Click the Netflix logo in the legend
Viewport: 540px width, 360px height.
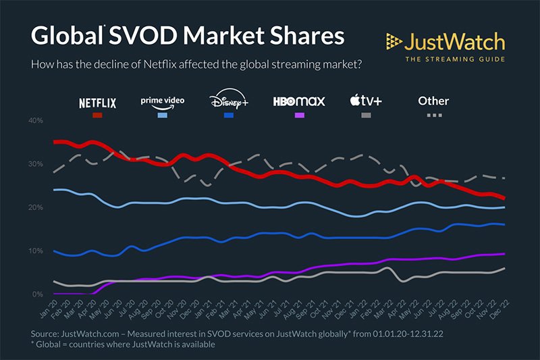(98, 103)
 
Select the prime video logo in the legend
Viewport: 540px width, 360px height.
(162, 101)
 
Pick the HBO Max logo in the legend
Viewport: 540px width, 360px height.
(299, 102)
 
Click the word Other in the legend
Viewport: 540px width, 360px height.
(433, 101)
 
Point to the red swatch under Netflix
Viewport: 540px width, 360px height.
(98, 116)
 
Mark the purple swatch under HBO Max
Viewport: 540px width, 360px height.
(299, 116)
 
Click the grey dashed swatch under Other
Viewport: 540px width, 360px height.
(433, 116)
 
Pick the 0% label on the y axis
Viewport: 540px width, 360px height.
(38, 294)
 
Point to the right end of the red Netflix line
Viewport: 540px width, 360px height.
(504, 198)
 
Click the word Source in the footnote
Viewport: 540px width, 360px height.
(47, 334)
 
